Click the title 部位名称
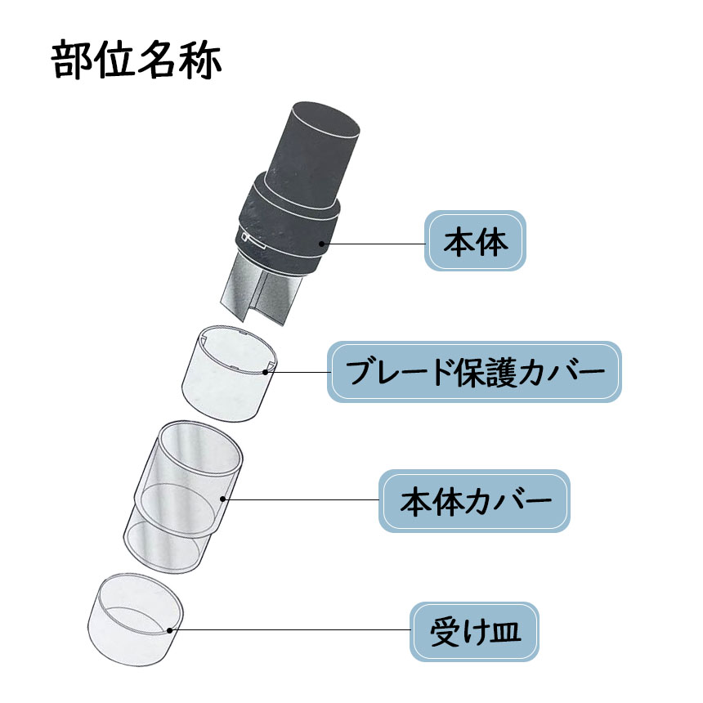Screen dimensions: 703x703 [x=137, y=60]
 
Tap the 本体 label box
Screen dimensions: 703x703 [x=475, y=241]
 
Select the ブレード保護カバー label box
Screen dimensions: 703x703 [x=474, y=372]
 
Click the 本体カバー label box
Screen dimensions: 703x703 [x=474, y=501]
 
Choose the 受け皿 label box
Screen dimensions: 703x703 [x=474, y=631]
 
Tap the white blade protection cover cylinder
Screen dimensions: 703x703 [x=228, y=374]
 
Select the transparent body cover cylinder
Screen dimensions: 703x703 [x=183, y=498]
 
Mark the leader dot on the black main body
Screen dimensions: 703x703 [x=321, y=244]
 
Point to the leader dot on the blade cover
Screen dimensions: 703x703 [x=266, y=372]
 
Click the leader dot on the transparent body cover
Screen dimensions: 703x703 [x=223, y=499]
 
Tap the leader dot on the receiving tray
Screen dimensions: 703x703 [x=169, y=630]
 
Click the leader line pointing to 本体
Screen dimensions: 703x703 [x=373, y=244]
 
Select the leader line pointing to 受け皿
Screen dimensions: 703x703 [x=289, y=630]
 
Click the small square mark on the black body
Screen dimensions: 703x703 [x=244, y=236]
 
